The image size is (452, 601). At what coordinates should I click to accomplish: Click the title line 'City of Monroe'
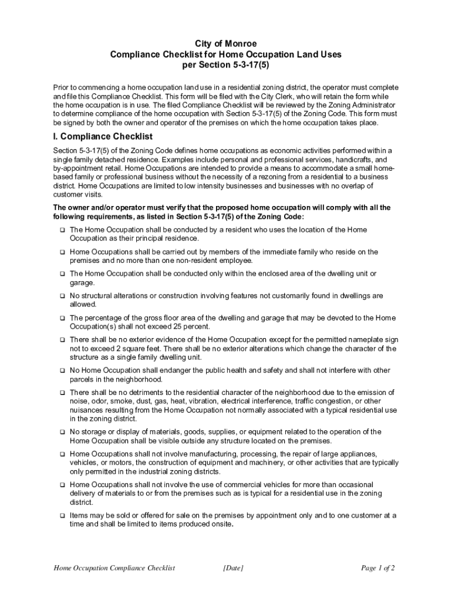226,44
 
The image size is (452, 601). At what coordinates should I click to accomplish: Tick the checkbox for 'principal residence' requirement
62,230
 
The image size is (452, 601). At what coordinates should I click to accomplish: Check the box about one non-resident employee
62,252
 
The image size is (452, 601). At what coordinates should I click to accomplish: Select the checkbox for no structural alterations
62,296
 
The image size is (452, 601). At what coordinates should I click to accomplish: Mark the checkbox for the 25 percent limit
62,318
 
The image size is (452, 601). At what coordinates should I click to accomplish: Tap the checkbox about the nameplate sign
62,340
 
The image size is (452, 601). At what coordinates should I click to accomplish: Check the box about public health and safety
62,371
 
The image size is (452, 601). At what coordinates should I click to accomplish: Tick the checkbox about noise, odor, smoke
62,393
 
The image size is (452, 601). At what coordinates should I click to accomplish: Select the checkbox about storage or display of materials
62,432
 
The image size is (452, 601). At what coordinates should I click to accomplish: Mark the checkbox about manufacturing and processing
62,454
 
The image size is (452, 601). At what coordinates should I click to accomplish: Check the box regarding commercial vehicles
62,485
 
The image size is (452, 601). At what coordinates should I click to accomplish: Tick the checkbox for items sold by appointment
62,515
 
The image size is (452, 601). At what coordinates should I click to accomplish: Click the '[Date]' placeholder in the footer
234,568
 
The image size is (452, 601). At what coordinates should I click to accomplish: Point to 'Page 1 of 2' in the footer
378,568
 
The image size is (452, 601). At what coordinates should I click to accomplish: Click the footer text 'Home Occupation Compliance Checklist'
114,568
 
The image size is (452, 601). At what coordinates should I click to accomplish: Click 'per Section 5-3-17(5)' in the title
226,65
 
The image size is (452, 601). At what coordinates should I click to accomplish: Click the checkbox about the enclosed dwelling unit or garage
62,274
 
